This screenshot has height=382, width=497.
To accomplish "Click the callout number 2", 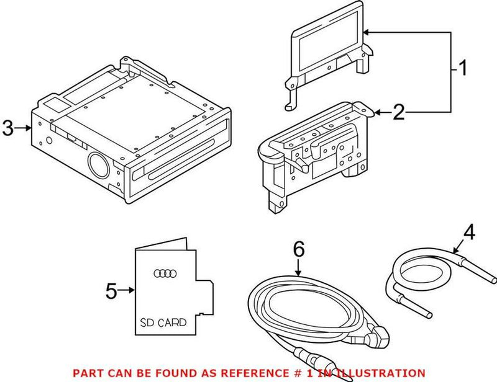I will pos(399,112).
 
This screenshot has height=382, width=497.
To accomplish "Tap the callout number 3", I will pos(7,128).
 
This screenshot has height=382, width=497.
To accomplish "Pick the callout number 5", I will pos(111,290).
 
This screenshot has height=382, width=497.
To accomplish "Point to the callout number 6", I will pos(299,250).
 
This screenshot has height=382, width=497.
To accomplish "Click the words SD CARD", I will pos(162,322).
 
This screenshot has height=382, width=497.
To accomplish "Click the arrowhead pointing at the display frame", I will pos(367,32).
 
